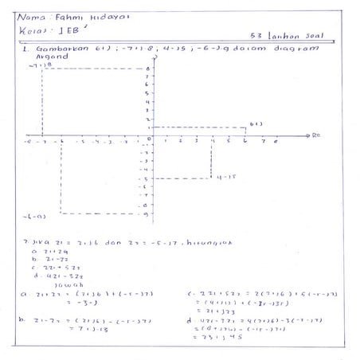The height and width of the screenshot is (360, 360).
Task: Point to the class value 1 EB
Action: [68, 32]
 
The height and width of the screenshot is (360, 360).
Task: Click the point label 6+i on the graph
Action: [256, 123]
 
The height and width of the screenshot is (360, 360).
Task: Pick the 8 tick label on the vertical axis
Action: [147, 68]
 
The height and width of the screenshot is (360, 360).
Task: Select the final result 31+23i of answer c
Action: [217, 312]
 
